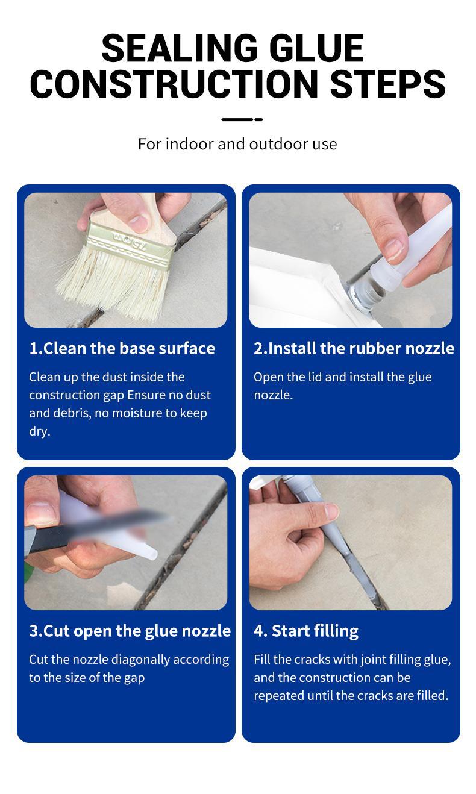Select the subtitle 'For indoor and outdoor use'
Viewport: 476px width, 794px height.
click(237, 144)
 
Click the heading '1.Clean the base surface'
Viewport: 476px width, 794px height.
click(122, 348)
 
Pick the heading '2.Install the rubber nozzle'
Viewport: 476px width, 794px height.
click(354, 348)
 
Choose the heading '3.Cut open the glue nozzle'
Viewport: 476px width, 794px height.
click(130, 631)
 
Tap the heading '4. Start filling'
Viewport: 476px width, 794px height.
click(306, 631)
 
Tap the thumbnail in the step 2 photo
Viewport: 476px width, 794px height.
click(395, 249)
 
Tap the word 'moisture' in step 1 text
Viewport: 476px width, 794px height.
click(152, 413)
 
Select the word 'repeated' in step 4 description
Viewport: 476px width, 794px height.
click(279, 696)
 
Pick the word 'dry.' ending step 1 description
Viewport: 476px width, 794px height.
click(40, 431)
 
